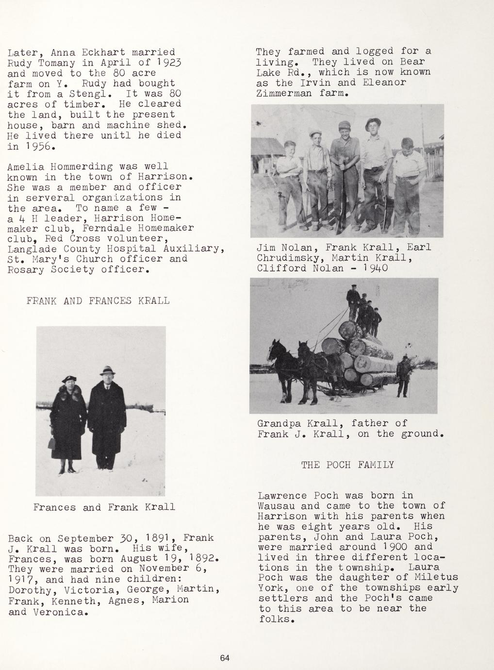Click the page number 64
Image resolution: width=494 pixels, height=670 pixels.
point(224,658)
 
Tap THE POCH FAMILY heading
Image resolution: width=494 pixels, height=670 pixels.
point(347,465)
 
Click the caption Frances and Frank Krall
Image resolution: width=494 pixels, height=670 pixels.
point(104,507)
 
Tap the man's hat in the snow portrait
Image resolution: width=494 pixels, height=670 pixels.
point(107,370)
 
